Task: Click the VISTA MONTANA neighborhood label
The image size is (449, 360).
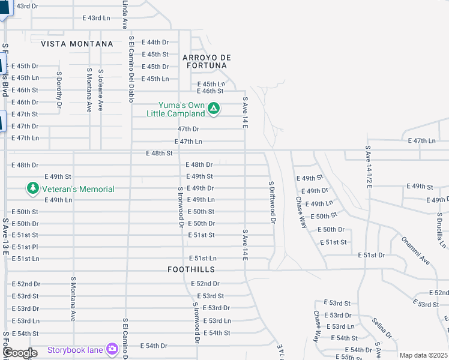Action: (x=77, y=44)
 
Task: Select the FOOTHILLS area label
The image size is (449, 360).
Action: (x=191, y=270)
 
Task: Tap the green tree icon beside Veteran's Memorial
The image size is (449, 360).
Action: (x=32, y=189)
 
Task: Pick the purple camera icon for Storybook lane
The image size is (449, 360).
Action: (x=112, y=349)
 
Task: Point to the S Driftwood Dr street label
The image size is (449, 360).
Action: (x=271, y=202)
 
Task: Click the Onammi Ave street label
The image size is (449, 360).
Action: (x=416, y=252)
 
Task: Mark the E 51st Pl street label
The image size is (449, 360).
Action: (x=25, y=247)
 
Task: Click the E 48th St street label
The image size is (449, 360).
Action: (x=159, y=154)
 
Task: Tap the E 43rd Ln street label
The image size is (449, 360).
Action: (x=96, y=18)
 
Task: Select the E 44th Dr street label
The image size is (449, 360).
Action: (x=155, y=42)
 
